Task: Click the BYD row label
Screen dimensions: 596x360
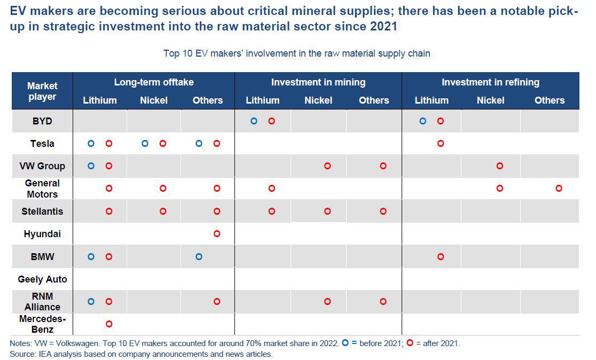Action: pos(42,121)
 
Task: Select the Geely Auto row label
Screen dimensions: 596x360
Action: pos(42,279)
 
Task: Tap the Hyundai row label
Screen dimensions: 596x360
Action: pos(42,234)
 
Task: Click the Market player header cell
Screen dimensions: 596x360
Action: pos(42,91)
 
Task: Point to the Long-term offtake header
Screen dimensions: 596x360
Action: pos(154,82)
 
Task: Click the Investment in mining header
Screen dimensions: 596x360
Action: pos(318,82)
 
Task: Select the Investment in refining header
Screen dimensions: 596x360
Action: pos(490,82)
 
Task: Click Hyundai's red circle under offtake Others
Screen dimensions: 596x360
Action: pos(217,233)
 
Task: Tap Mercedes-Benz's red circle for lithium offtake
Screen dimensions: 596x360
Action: pos(109,324)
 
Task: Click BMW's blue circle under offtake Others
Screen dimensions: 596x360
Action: pos(199,256)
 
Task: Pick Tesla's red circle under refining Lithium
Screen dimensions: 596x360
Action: pos(441,143)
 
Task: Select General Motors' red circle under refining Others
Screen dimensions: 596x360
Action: pos(559,188)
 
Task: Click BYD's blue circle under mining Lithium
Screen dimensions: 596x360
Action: pos(254,121)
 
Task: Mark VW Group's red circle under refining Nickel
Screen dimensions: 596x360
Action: pos(500,166)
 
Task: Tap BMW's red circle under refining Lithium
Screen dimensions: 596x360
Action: pos(441,256)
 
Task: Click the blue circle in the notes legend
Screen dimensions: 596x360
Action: pos(345,342)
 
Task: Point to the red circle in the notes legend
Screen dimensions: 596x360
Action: pos(410,342)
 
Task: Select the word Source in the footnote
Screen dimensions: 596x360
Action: pos(22,354)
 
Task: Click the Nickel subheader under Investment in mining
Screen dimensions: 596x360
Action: pos(318,100)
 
